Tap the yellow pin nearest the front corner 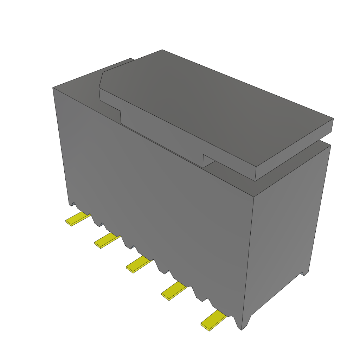pyautogui.click(x=213, y=320)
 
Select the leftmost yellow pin pyautogui.click(x=77, y=219)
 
